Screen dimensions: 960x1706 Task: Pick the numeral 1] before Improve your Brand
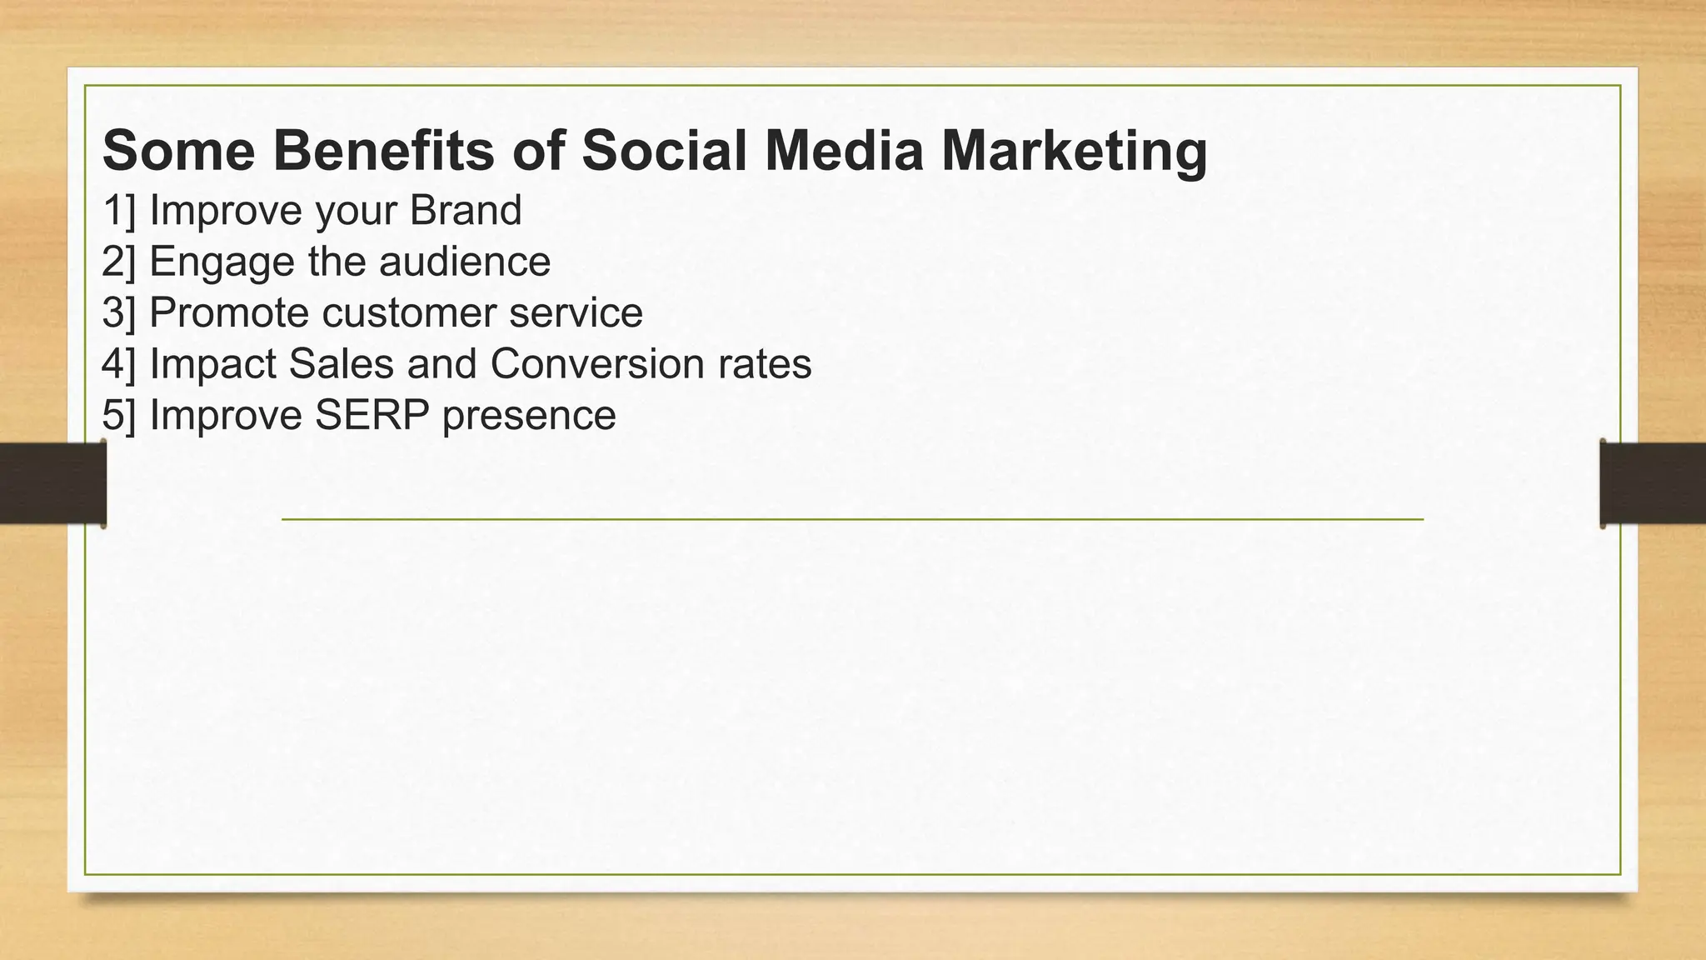click(x=118, y=210)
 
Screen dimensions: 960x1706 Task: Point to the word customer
click(x=409, y=313)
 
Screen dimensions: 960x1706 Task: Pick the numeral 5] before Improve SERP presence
click(x=118, y=415)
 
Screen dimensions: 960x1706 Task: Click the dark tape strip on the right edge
click(x=1653, y=483)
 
